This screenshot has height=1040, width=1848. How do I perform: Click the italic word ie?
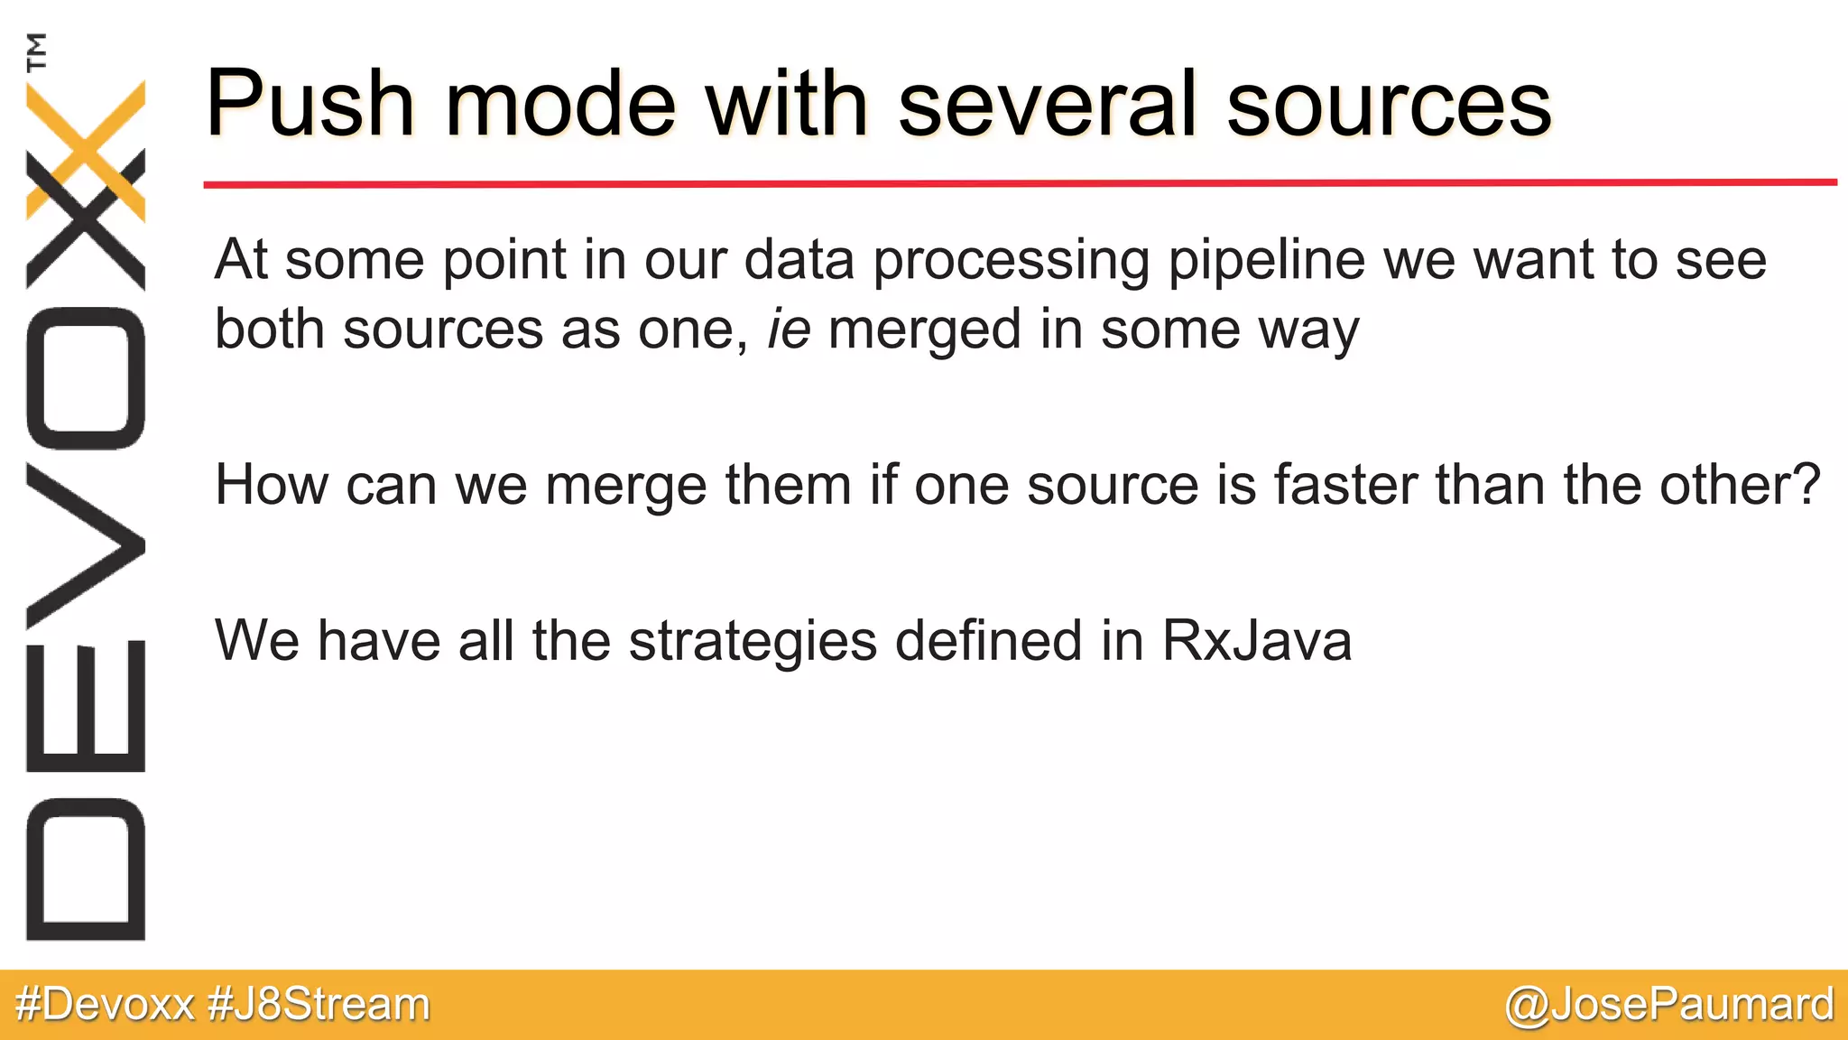point(789,329)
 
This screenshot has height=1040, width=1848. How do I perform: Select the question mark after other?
point(1806,485)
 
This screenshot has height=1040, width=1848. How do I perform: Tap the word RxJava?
point(1256,642)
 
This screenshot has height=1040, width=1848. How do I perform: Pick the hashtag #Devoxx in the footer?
point(106,1004)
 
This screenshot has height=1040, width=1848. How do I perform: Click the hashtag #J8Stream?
point(319,1004)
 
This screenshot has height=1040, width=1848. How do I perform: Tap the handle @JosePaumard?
point(1669,1004)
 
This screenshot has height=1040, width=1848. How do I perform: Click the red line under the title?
point(1020,183)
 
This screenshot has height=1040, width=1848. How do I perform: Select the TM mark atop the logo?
point(37,51)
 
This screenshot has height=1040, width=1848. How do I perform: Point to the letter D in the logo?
point(86,869)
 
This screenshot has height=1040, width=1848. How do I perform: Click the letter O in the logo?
point(86,378)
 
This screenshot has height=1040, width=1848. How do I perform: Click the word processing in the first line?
point(1012,262)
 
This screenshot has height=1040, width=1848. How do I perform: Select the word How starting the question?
point(272,485)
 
